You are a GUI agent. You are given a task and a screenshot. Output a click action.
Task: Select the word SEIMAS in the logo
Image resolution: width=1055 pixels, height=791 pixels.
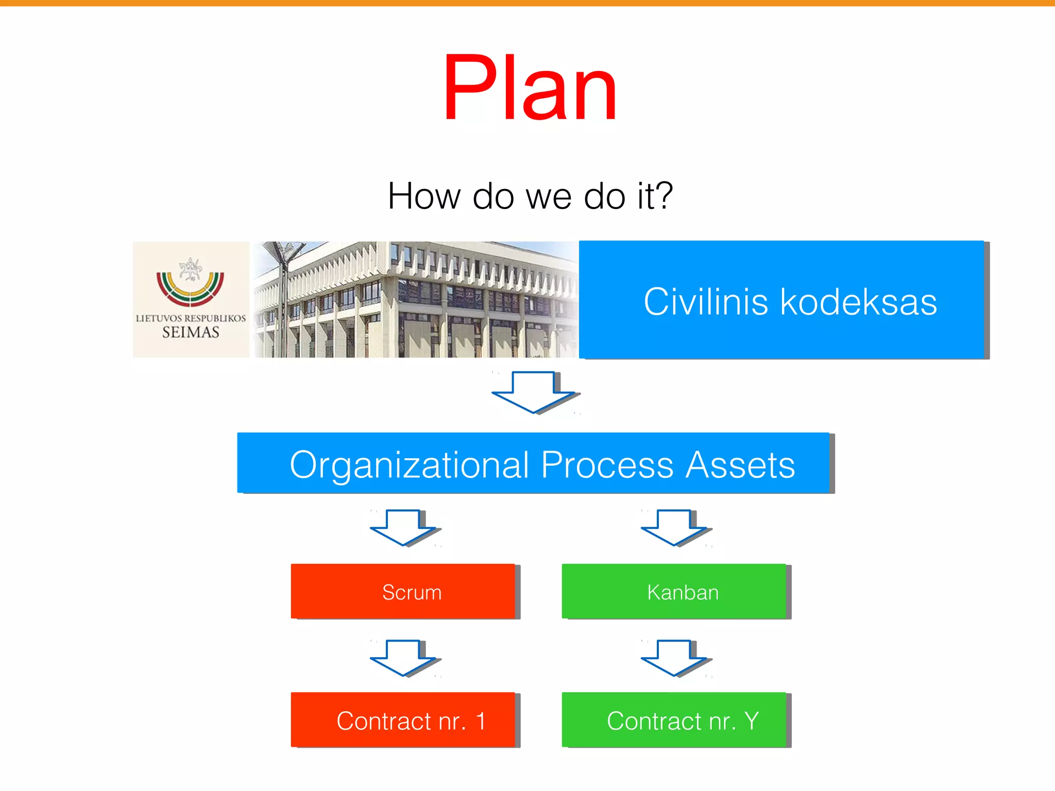191,332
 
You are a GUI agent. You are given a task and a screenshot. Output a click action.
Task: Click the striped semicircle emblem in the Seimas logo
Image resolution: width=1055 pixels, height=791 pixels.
190,288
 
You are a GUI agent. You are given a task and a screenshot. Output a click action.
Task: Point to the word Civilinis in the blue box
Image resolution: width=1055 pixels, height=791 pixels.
705,302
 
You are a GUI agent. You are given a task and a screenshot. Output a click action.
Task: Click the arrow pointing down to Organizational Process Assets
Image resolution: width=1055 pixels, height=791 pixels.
534,391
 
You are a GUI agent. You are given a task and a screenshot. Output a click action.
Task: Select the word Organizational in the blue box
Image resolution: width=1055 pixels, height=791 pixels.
409,466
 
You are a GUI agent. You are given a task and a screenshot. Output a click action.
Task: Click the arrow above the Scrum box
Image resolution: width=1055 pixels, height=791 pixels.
403,527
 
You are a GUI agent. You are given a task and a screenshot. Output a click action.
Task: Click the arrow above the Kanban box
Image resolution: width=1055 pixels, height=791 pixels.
674,527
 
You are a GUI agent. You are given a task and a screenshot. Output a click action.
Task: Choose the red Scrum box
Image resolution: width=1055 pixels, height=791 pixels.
403,591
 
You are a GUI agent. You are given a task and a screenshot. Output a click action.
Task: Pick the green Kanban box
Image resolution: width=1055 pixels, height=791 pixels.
674,591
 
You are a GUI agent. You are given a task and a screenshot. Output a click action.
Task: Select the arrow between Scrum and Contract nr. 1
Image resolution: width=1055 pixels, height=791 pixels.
403,658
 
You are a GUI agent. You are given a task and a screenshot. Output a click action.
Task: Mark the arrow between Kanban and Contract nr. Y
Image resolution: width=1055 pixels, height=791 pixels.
674,658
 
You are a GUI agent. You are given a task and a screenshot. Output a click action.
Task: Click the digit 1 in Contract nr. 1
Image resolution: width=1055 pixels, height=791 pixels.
481,721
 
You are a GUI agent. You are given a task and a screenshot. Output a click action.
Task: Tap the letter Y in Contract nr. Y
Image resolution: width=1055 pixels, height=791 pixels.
752,720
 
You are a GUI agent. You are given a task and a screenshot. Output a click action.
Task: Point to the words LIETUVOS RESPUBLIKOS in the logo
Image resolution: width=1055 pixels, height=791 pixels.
191,318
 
